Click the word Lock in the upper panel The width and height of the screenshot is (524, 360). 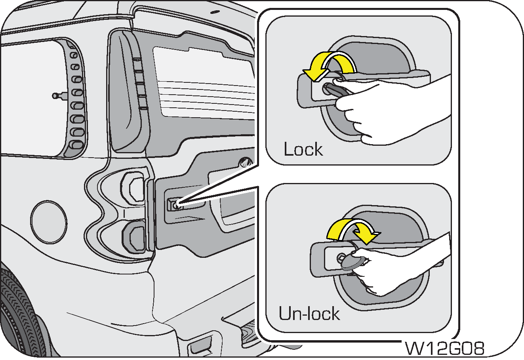[x=303, y=149]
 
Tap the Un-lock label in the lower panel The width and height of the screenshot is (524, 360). [x=309, y=313]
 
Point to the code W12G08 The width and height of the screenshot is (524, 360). [x=445, y=349]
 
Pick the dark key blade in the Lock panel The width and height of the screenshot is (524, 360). [x=335, y=89]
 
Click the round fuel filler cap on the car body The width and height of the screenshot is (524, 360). [x=48, y=220]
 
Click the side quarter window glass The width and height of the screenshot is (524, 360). [x=32, y=99]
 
